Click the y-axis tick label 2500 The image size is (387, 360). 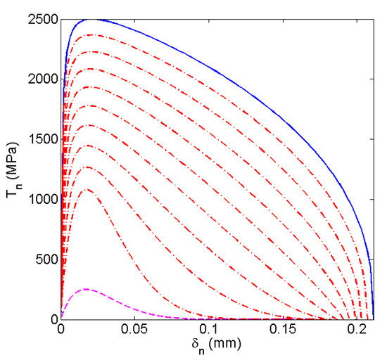coord(44,19)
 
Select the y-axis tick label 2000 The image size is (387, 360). coord(44,79)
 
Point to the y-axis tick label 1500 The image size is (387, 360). coord(44,139)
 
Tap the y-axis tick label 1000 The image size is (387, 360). coord(44,200)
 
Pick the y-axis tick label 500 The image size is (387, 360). coord(47,259)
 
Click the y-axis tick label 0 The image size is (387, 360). coord(53,319)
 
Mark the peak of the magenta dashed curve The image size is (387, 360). coord(86,289)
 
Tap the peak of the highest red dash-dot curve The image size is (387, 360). coord(90,34)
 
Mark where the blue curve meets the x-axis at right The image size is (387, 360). coord(373,319)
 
